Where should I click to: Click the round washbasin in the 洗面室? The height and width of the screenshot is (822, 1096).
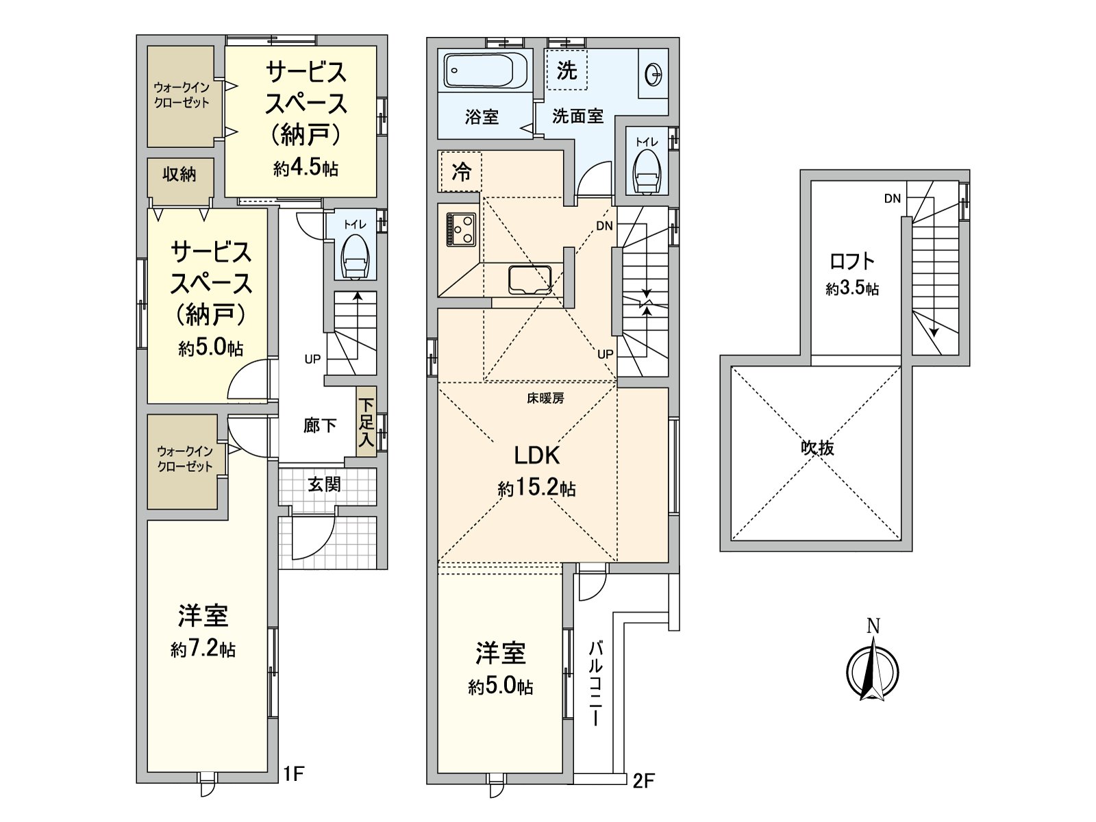[653, 73]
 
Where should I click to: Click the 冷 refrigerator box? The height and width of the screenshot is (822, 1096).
[461, 172]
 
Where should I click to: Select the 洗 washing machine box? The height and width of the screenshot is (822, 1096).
[566, 70]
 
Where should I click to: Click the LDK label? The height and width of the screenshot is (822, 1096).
[537, 456]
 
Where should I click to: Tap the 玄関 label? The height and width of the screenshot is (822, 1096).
[323, 485]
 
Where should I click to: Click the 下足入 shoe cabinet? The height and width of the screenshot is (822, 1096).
[366, 424]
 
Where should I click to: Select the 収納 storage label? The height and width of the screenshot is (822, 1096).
[179, 175]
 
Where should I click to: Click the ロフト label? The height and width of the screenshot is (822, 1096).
[852, 261]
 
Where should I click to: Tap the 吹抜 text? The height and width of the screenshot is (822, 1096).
[817, 449]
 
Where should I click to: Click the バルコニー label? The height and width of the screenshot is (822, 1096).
[596, 684]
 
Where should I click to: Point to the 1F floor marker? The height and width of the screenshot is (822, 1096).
[294, 775]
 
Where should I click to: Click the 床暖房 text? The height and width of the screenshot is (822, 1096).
[545, 398]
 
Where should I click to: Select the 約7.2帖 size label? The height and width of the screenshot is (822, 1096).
[203, 649]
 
